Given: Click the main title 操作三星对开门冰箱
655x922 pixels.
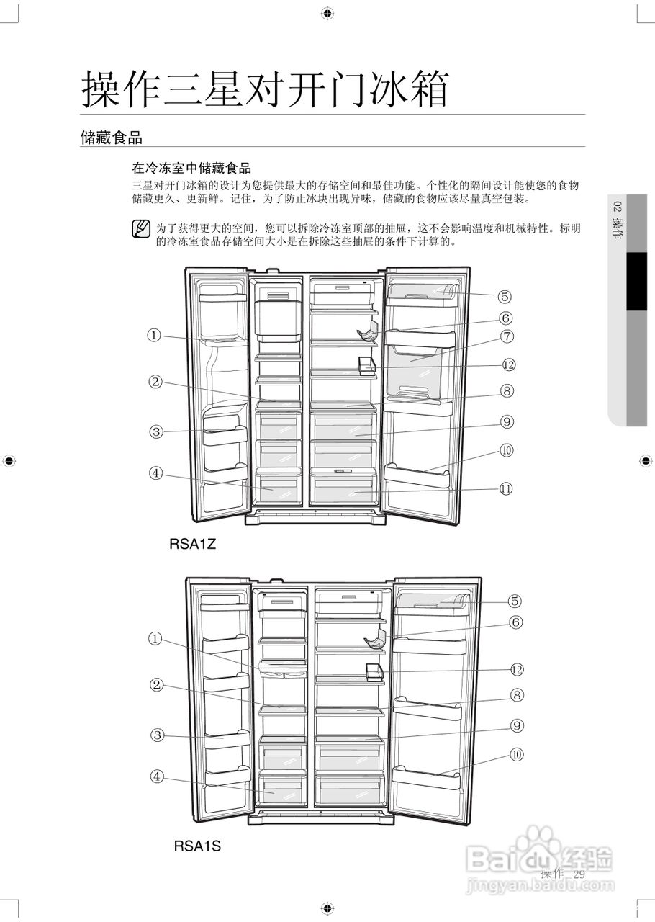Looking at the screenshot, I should pos(265,89).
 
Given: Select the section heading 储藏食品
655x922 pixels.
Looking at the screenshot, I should pos(111,138).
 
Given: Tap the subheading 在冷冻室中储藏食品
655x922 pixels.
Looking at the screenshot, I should pos(191,169).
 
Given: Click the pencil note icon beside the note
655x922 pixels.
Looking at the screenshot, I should pos(141,230).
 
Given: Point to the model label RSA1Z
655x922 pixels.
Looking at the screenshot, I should pos(193,545).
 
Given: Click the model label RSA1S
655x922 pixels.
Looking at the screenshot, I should pos(197,846).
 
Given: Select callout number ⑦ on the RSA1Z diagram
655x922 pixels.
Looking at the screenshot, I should pos(507,336).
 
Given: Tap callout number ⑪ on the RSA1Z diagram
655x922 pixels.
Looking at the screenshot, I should pos(507,488).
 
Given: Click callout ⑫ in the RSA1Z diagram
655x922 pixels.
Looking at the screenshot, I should pos(508,364).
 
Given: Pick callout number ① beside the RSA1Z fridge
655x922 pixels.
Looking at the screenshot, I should pos(154,335).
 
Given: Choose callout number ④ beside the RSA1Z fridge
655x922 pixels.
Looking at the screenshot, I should pos(156,473).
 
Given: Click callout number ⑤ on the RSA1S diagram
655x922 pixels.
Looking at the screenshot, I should pos(515,601).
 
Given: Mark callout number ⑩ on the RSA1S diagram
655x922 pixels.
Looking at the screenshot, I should pos(516,754).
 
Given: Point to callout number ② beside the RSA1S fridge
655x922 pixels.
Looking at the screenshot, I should pos(156,684).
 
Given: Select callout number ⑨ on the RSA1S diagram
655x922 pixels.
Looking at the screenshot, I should pos(516,725).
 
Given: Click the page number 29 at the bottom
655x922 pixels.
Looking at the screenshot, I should pos(579,874).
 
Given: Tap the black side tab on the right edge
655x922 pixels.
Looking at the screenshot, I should pos(636,281).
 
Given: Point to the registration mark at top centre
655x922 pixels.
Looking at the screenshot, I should pos(327,13).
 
